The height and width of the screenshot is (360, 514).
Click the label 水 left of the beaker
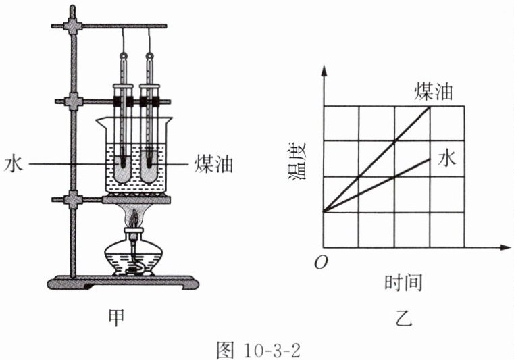12,164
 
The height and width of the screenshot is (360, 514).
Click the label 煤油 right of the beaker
214,164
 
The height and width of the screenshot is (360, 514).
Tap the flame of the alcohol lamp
135,218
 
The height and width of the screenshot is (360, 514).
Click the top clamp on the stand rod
72,26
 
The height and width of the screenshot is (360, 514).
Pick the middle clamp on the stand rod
72,101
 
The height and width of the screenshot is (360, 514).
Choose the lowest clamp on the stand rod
72,200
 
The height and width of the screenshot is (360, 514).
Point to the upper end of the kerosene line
430,108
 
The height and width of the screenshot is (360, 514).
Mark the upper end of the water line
430,159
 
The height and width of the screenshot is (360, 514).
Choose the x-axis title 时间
404,282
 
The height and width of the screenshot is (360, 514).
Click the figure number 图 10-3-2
259,349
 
